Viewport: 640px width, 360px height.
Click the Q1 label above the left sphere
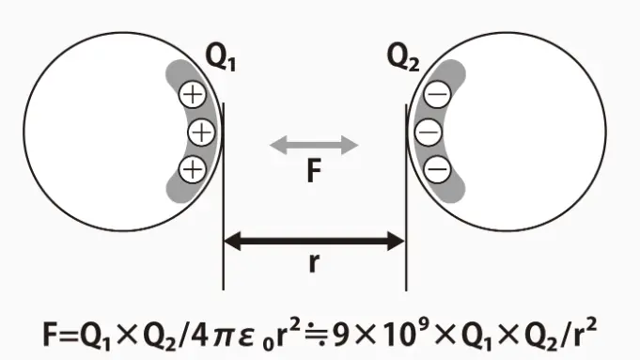pyautogui.click(x=220, y=57)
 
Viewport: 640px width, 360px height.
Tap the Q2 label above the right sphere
pyautogui.click(x=403, y=57)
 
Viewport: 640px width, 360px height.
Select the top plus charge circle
pyautogui.click(x=193, y=95)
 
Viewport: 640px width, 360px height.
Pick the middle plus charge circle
pyautogui.click(x=202, y=132)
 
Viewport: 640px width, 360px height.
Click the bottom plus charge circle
pyautogui.click(x=193, y=169)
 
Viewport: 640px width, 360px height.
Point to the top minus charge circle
pyautogui.click(x=438, y=94)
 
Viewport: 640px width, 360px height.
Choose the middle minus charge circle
pyautogui.click(x=429, y=132)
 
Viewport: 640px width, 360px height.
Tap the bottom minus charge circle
pyautogui.click(x=438, y=169)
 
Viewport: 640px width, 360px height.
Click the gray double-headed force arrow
pyautogui.click(x=314, y=145)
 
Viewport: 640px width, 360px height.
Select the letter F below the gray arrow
pyautogui.click(x=314, y=171)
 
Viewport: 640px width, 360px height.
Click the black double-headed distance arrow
pyautogui.click(x=314, y=242)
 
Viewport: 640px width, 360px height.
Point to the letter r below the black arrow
pyautogui.click(x=314, y=263)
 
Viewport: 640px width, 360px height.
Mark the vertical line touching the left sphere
pyautogui.click(x=224, y=196)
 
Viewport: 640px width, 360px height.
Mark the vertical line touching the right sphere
pyautogui.click(x=406, y=197)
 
